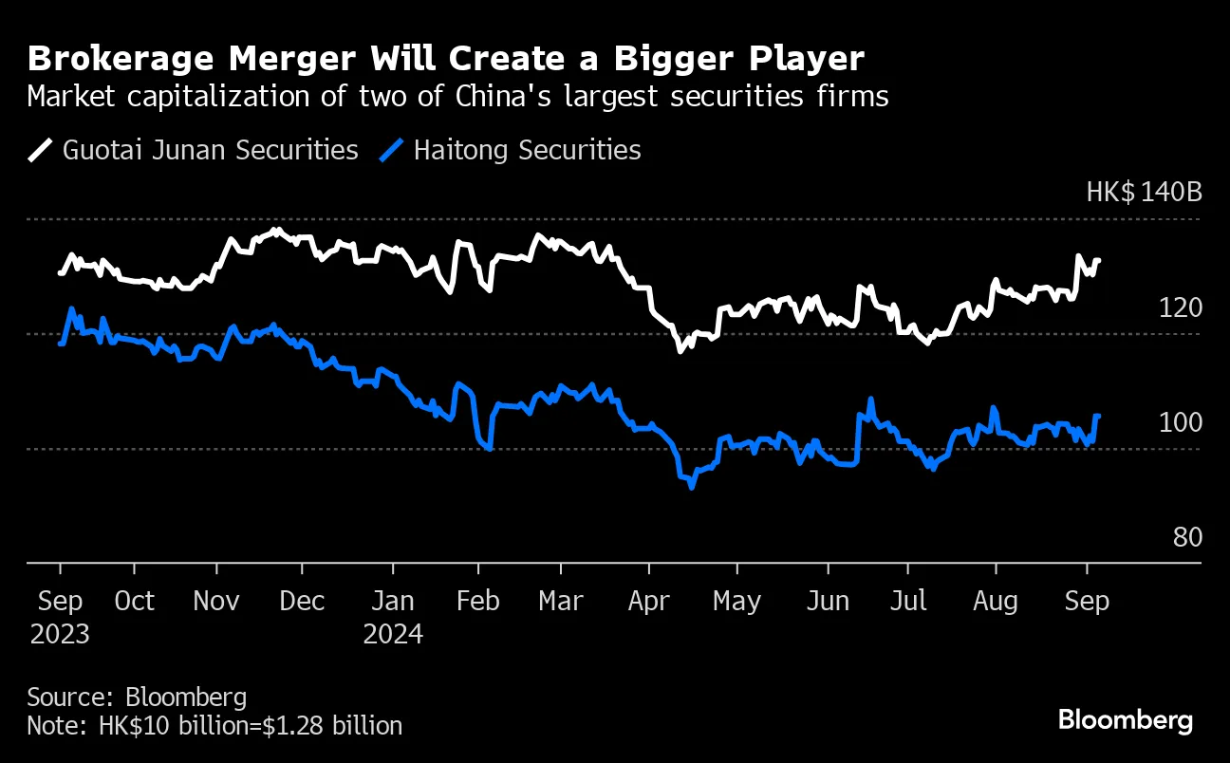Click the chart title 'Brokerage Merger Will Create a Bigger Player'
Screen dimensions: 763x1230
[x=446, y=59]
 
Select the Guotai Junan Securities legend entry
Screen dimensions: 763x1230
[x=194, y=150]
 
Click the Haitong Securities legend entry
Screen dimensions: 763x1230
[x=512, y=150]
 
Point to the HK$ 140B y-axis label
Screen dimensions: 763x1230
[x=1144, y=193]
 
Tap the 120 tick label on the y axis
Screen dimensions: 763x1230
[x=1181, y=308]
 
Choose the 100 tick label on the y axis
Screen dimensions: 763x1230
[x=1181, y=423]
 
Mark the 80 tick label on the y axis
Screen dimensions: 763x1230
[x=1187, y=538]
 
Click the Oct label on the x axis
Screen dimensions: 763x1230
[x=134, y=602]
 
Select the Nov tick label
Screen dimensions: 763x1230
[x=217, y=602]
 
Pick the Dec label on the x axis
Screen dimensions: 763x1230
[x=302, y=602]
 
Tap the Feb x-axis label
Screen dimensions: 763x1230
[x=478, y=602]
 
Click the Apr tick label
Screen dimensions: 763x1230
[x=649, y=602]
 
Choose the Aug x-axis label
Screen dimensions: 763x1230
[x=996, y=602]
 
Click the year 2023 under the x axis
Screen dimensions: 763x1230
[x=59, y=633]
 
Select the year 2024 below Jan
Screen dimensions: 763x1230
[x=393, y=633]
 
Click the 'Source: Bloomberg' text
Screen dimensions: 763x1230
[x=137, y=698]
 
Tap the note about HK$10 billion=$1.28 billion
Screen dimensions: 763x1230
[x=214, y=726]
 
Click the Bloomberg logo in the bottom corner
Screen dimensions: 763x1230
[x=1126, y=720]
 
